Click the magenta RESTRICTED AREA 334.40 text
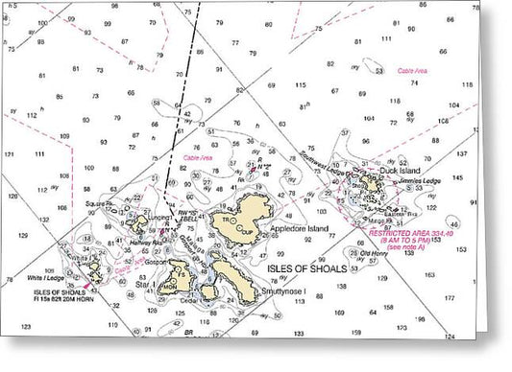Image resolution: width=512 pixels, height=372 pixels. click(x=416, y=232)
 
